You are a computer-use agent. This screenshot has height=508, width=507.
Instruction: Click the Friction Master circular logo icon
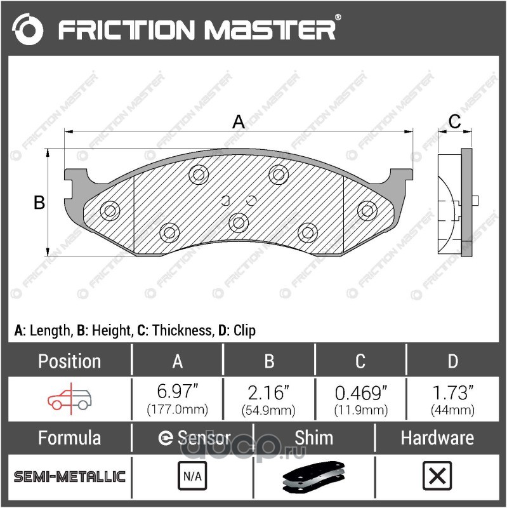[27, 29]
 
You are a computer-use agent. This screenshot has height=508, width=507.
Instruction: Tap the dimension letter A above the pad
[239, 122]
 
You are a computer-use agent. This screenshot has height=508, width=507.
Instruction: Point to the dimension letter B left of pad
[39, 203]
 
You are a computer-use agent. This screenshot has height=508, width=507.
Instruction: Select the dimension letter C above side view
[454, 122]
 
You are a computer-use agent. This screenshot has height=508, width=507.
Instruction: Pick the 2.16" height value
[268, 392]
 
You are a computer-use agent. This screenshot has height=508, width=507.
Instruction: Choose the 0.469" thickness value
[360, 392]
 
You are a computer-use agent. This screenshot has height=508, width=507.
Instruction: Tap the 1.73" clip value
[453, 392]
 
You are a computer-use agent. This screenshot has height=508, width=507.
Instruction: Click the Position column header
[69, 361]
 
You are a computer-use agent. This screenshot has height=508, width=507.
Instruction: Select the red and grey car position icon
[70, 399]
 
